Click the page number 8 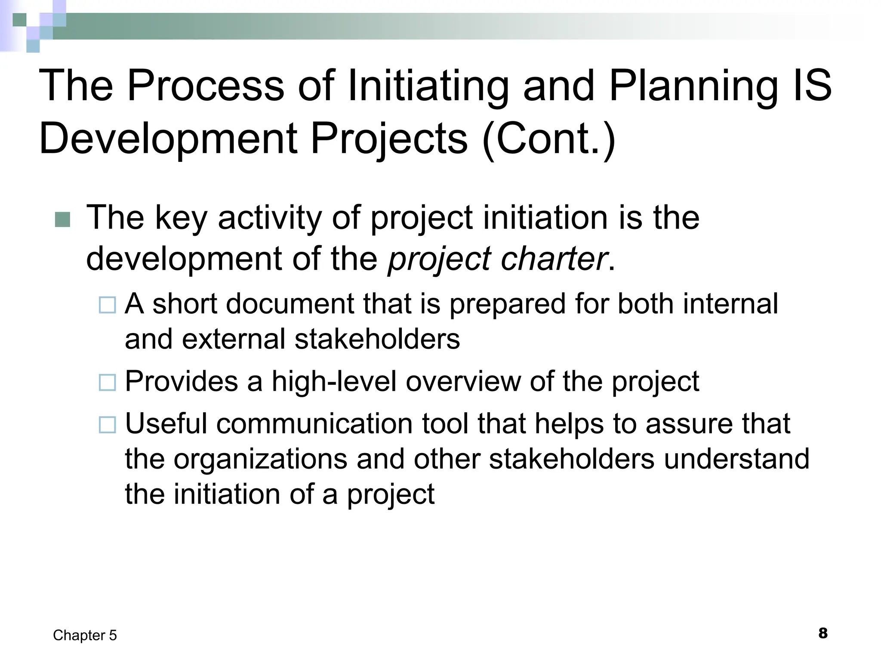pyautogui.click(x=822, y=633)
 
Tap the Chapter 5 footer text pyautogui.click(x=85, y=635)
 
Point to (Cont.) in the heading pyautogui.click(x=549, y=139)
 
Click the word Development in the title pyautogui.click(x=168, y=139)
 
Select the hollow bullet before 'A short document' pyautogui.click(x=107, y=305)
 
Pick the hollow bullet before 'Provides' pyautogui.click(x=107, y=382)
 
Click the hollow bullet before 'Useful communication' pyautogui.click(x=107, y=425)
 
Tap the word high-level pyautogui.click(x=334, y=382)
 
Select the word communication pyautogui.click(x=314, y=424)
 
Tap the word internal pyautogui.click(x=730, y=304)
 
